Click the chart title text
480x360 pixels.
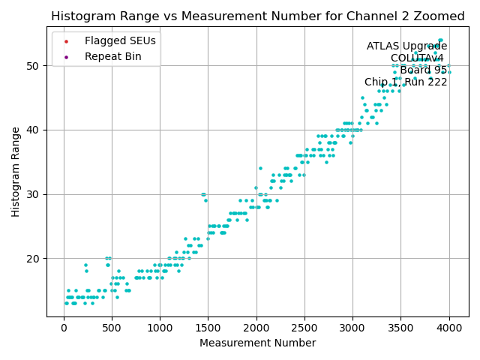258,16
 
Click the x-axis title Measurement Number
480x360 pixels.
257,343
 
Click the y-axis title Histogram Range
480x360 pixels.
16,172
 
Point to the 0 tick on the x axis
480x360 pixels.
63,328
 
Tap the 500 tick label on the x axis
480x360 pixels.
111,328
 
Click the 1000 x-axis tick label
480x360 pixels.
160,328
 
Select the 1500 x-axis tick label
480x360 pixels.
208,328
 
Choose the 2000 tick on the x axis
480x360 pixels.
256,328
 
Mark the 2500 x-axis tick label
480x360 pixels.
304,328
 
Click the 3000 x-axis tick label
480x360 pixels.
352,328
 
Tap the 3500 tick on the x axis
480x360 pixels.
400,328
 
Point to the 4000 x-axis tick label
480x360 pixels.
449,328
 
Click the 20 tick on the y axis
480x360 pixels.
34,259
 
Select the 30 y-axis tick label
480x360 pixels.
34,194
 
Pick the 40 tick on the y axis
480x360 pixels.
34,130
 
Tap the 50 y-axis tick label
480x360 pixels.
34,66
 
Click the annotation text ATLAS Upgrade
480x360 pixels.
406,46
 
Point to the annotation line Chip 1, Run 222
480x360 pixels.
406,82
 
